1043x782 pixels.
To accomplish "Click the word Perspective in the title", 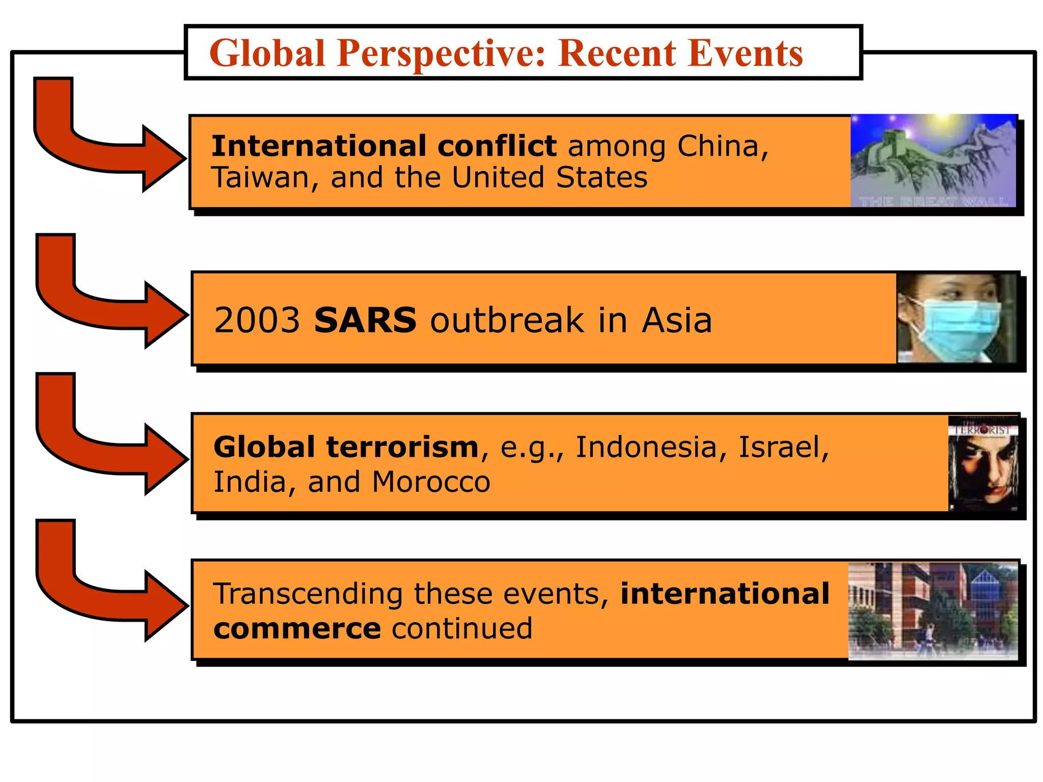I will [441, 53].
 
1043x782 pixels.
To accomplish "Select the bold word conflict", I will [497, 146].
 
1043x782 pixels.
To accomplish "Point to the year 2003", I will [257, 320].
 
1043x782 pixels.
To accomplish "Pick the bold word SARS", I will [365, 320].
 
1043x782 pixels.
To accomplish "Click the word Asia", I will [676, 320].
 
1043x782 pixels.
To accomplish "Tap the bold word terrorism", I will [402, 447].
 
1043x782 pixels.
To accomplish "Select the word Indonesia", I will [646, 447].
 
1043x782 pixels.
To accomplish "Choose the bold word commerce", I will [297, 628].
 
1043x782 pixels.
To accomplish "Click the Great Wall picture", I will [933, 160].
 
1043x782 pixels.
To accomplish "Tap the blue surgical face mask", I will [957, 328].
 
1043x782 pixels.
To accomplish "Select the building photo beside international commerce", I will [933, 611].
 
